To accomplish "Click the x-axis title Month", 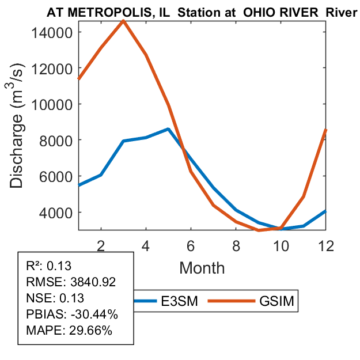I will click(x=202, y=267).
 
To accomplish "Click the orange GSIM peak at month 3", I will click(x=123, y=21).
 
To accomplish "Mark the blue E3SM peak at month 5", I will click(x=168, y=129).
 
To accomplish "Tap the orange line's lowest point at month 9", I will click(x=259, y=230).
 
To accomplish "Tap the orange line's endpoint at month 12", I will click(x=326, y=131).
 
